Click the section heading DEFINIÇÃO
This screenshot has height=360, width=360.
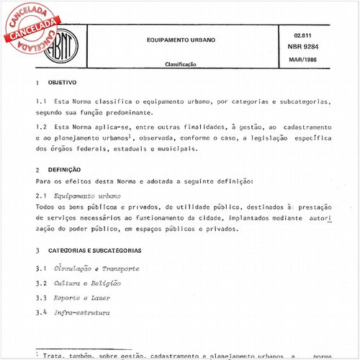pos(66,169)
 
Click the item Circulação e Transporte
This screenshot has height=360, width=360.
pos(96,269)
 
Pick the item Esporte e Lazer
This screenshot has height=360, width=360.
pos(81,297)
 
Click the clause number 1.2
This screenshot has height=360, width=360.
pos(42,127)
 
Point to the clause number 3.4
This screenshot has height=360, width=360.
pos(42,312)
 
